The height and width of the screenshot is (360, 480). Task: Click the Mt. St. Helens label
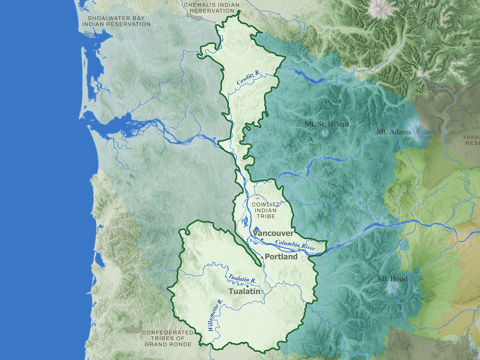coord(327,124)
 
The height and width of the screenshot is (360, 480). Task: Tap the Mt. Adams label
coord(394,131)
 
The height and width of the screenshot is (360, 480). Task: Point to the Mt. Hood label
coord(392,279)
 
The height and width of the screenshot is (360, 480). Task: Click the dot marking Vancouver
coord(262,239)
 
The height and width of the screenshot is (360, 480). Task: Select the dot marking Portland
coord(262,257)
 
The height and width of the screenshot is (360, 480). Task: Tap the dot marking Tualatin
coord(247,286)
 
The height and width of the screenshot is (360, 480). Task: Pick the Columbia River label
coord(295,245)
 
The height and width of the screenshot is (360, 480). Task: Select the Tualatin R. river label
coord(242,278)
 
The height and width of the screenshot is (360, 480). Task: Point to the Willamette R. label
coord(215,315)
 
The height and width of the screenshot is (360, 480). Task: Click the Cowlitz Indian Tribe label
coord(265,210)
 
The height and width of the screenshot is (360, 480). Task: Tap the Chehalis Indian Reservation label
coord(212,8)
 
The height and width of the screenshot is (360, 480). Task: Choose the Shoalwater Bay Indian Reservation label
coord(116,21)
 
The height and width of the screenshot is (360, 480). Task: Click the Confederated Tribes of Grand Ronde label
coord(168,338)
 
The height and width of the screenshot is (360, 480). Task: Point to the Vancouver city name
coord(273,233)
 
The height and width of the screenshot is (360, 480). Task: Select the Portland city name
coord(281,257)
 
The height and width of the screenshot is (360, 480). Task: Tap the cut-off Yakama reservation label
coord(472,140)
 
